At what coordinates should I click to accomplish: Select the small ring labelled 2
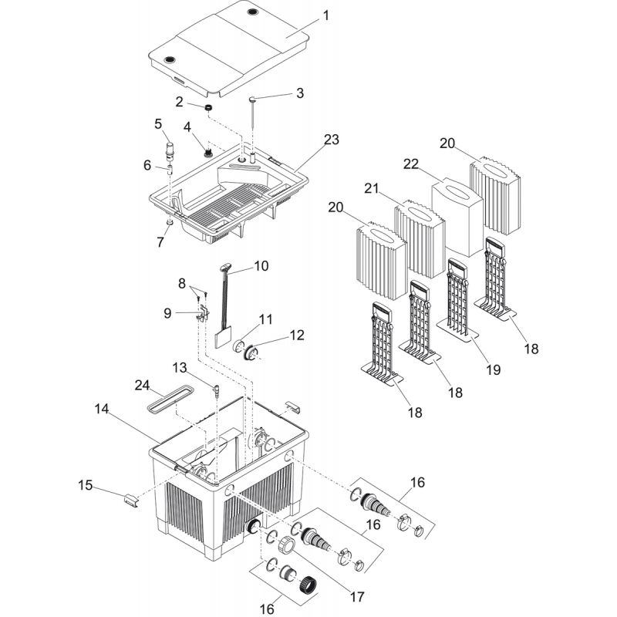tap(208, 106)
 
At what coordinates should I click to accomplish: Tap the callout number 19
tap(493, 369)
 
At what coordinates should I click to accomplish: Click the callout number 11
tap(265, 319)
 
